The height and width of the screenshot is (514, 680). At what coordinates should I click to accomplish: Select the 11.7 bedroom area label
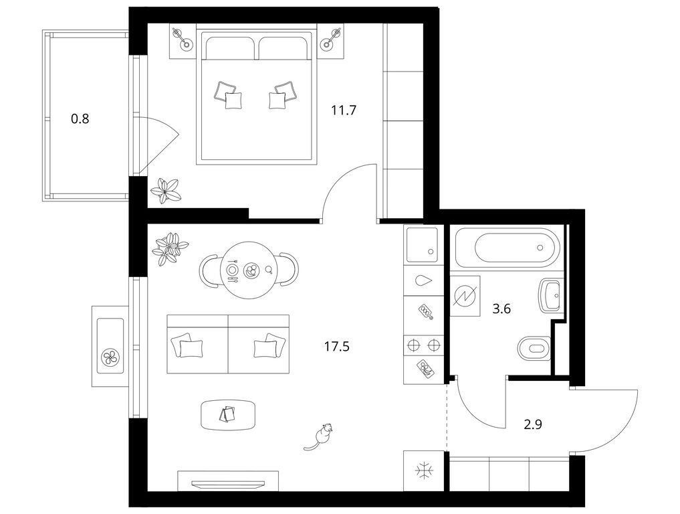coord(344,110)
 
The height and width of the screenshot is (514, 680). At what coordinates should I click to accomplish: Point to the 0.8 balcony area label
coord(80,120)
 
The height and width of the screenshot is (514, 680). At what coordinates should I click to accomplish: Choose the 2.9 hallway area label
coord(532,423)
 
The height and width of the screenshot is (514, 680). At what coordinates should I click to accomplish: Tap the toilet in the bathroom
coord(533,347)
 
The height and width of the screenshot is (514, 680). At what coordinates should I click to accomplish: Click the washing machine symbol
coord(465,295)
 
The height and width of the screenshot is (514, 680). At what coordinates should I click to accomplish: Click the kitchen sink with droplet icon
coord(423,280)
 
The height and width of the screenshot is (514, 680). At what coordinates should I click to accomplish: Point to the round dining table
coord(249,271)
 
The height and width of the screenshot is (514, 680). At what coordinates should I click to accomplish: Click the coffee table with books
coord(229,415)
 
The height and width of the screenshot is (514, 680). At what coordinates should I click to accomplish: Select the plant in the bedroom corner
coord(165,191)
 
